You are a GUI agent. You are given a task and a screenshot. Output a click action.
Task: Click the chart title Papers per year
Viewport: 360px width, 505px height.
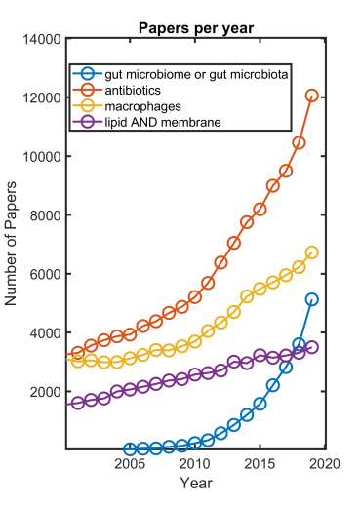(x=195, y=27)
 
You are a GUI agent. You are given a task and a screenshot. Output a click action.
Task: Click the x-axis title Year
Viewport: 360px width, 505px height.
(x=195, y=483)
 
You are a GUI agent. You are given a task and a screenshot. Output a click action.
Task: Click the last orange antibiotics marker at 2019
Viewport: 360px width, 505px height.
(x=312, y=96)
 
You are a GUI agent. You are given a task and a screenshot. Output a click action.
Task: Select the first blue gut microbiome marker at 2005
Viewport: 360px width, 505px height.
(x=131, y=448)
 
